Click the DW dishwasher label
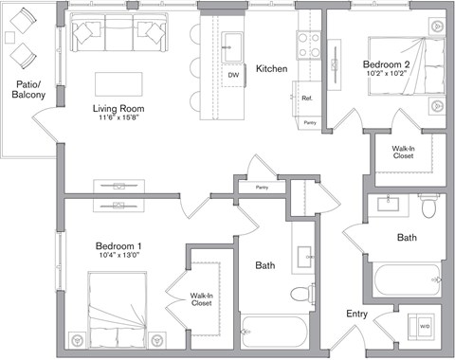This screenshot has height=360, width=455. point(232,74)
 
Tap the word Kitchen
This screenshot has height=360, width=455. point(271,68)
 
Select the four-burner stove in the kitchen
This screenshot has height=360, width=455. point(309,40)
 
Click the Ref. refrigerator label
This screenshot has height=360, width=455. point(308,99)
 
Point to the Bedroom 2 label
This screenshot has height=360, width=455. point(384,64)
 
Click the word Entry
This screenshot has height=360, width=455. point(356,314)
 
